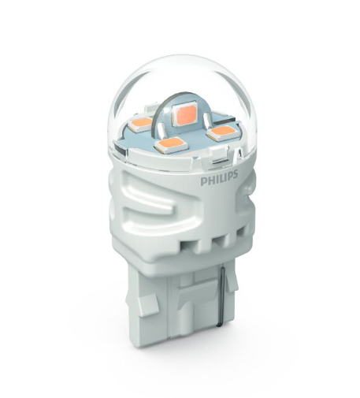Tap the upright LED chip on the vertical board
coord(184,113)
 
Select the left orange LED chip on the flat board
coord(140,123)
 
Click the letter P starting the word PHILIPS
coord(203,182)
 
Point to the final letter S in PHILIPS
coord(236,175)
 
